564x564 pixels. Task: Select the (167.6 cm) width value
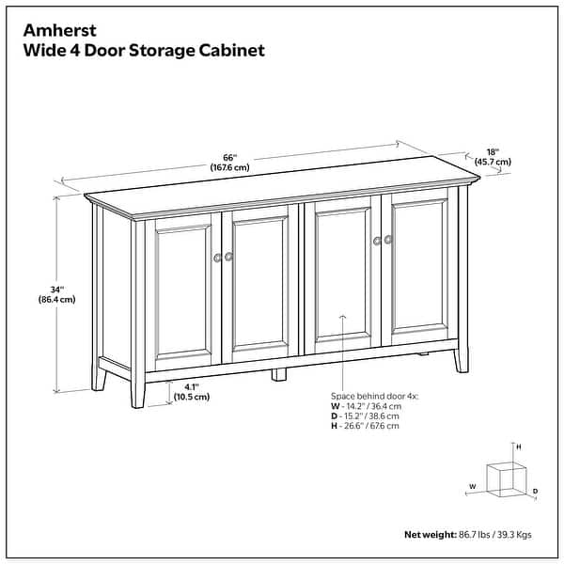[229, 168]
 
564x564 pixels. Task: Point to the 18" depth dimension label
[493, 151]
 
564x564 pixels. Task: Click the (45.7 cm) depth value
[493, 162]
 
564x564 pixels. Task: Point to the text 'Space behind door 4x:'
[374, 396]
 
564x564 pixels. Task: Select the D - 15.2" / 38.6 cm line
[366, 415]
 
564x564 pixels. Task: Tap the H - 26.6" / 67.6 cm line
[365, 426]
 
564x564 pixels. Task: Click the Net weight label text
[430, 534]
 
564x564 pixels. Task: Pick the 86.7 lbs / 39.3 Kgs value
[493, 534]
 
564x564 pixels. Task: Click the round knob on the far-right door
[386, 241]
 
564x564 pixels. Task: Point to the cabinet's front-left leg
[138, 390]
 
